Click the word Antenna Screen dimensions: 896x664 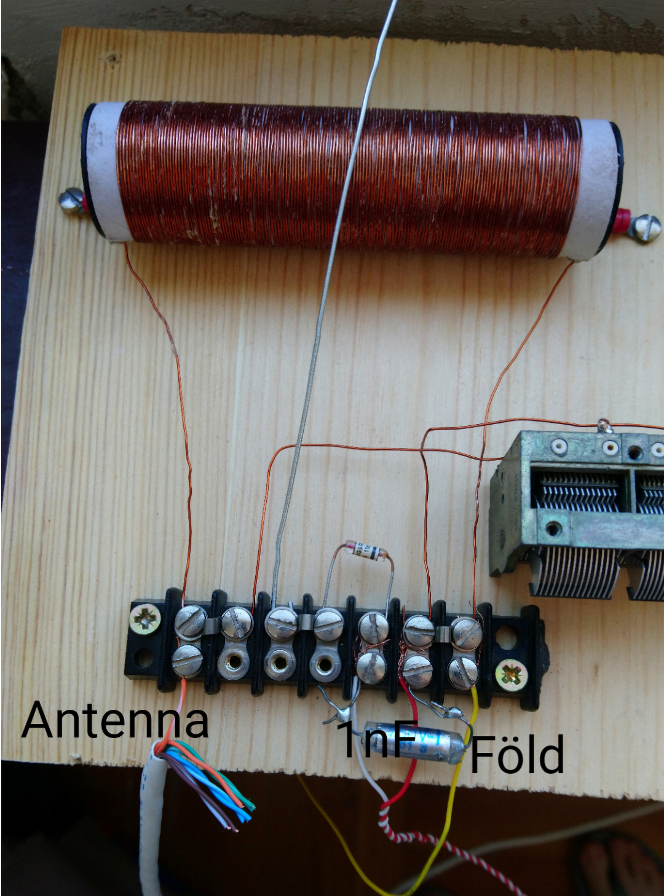(x=115, y=720)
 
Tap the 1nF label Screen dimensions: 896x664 (x=376, y=739)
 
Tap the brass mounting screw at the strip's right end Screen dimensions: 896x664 (x=512, y=674)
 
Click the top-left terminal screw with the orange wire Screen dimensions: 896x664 (x=191, y=621)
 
